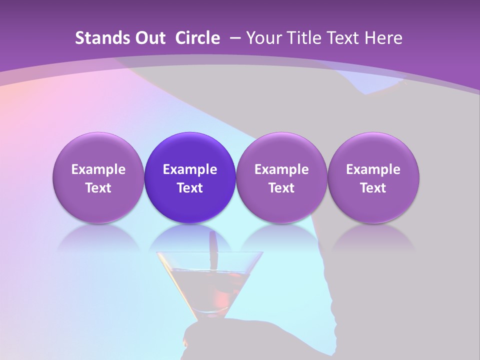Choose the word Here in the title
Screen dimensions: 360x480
(383, 38)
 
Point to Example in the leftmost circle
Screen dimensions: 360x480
(98, 169)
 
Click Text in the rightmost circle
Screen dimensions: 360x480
(373, 188)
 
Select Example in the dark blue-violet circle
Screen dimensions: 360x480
(190, 169)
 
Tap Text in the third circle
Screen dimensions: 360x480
(281, 188)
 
